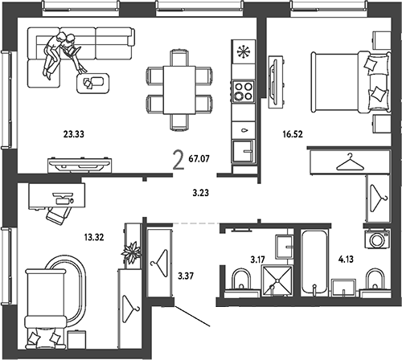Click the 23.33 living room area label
(74, 133)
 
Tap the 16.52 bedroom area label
(293, 133)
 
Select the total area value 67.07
(199, 158)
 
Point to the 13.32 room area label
(94, 237)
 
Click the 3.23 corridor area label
(201, 193)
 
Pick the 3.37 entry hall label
(186, 276)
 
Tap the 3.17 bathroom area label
(257, 260)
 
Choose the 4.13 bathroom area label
(346, 259)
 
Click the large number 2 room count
(178, 160)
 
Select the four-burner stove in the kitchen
(244, 91)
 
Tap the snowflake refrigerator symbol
(243, 51)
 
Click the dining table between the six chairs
(179, 90)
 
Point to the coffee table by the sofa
(92, 84)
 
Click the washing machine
(377, 239)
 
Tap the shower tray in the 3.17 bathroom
(277, 280)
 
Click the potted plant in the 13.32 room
(131, 252)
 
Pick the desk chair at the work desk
(59, 214)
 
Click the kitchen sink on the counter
(243, 151)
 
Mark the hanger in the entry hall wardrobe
(160, 264)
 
